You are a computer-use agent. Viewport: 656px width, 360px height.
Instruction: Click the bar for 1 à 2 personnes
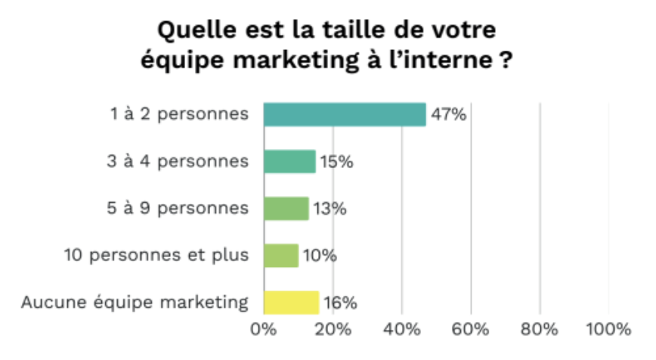pos(345,115)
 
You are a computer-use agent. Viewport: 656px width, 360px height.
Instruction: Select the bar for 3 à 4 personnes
pos(289,162)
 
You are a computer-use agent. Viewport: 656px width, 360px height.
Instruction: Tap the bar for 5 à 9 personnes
pos(286,209)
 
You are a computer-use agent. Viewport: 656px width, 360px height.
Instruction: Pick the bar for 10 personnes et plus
pos(281,256)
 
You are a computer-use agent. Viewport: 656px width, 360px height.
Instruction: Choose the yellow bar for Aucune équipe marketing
pos(291,303)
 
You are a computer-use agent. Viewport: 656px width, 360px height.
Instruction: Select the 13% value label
pos(330,209)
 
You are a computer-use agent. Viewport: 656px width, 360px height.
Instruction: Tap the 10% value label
pos(320,256)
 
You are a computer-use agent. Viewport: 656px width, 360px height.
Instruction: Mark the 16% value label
pos(340,303)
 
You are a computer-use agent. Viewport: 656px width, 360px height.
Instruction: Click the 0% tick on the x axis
pos(264,331)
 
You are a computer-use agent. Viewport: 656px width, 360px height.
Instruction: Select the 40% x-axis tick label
pos(402,331)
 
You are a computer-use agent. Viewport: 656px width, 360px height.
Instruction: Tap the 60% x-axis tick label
pos(471,331)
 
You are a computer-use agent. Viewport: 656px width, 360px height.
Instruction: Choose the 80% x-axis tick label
pos(540,331)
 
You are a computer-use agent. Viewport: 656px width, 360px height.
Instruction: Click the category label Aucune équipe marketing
pos(135,303)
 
